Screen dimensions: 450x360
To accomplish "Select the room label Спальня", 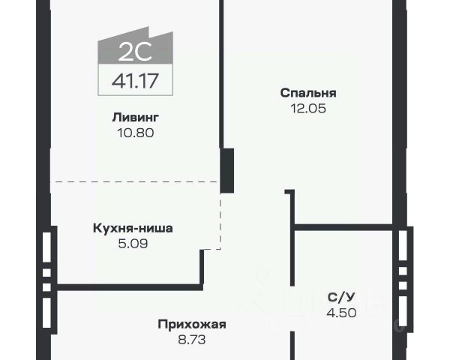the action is (308, 94).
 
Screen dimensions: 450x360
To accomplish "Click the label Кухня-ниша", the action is (133, 228).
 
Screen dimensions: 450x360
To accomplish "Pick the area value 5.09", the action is (133, 243).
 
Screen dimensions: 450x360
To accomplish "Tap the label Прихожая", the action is (192, 325).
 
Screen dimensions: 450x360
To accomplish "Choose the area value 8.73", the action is (192, 340).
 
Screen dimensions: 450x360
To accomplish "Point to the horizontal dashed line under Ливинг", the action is (135, 182).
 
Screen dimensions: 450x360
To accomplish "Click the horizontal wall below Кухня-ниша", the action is (127, 286).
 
